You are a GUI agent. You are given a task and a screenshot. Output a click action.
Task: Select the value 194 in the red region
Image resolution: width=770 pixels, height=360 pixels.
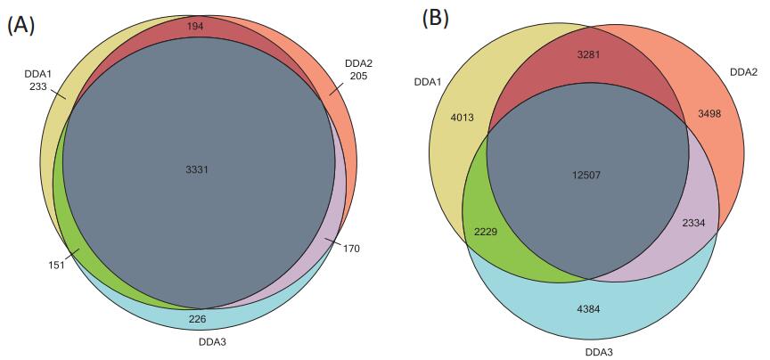pos(196,27)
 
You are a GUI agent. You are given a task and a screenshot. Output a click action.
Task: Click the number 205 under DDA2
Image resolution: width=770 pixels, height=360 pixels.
pos(357,77)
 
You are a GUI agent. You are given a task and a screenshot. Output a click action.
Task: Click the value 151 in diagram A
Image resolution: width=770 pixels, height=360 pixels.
pos(56,264)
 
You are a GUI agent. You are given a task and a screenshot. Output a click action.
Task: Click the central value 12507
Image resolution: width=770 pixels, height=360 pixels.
pos(586,174)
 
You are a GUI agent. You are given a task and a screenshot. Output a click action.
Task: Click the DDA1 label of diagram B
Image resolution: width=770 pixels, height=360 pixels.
pos(428,82)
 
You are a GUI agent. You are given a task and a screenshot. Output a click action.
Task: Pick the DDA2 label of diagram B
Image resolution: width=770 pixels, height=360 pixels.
pos(742,71)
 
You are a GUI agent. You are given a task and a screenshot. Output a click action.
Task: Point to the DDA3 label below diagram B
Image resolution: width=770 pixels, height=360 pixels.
pos(587,350)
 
